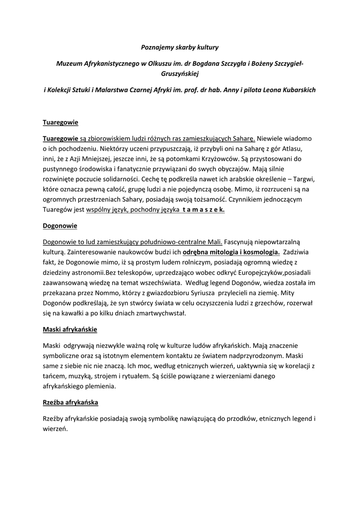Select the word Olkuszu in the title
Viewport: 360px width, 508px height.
tap(155, 64)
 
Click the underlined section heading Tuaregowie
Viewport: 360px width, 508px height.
tap(61, 122)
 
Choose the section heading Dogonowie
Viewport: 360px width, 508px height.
tap(60, 226)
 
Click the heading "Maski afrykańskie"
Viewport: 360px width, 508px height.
tap(70, 329)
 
